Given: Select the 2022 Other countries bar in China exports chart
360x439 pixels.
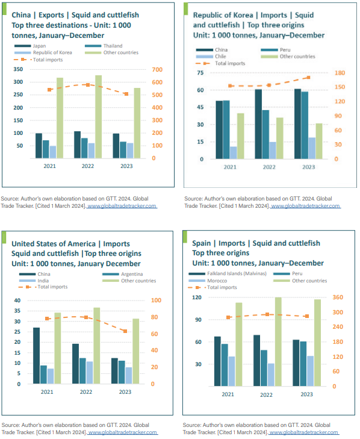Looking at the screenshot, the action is [x=99, y=117].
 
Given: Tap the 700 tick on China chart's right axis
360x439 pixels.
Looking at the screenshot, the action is [x=157, y=69].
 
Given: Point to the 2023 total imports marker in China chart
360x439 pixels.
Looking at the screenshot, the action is [x=126, y=94].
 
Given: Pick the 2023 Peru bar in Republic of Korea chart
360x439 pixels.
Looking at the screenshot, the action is [x=305, y=125].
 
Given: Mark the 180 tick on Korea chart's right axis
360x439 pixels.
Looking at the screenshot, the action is [x=340, y=73].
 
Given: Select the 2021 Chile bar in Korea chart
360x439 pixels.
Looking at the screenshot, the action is [x=234, y=153].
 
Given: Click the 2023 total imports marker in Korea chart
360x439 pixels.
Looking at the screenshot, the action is [x=308, y=78].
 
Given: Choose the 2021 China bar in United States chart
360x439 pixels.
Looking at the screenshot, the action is [x=36, y=355].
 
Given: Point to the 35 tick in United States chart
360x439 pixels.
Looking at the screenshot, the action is [x=17, y=311].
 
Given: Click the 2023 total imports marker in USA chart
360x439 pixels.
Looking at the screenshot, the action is [x=125, y=331].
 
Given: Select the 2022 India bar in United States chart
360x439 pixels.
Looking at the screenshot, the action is [x=90, y=373].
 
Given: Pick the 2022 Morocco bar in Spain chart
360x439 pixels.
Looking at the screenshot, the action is [x=272, y=375].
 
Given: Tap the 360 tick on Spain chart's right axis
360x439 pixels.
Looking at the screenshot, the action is [x=338, y=297].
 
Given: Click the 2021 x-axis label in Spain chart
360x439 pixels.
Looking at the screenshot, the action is [x=228, y=394].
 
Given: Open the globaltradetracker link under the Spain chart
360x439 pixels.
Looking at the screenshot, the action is [x=304, y=432].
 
